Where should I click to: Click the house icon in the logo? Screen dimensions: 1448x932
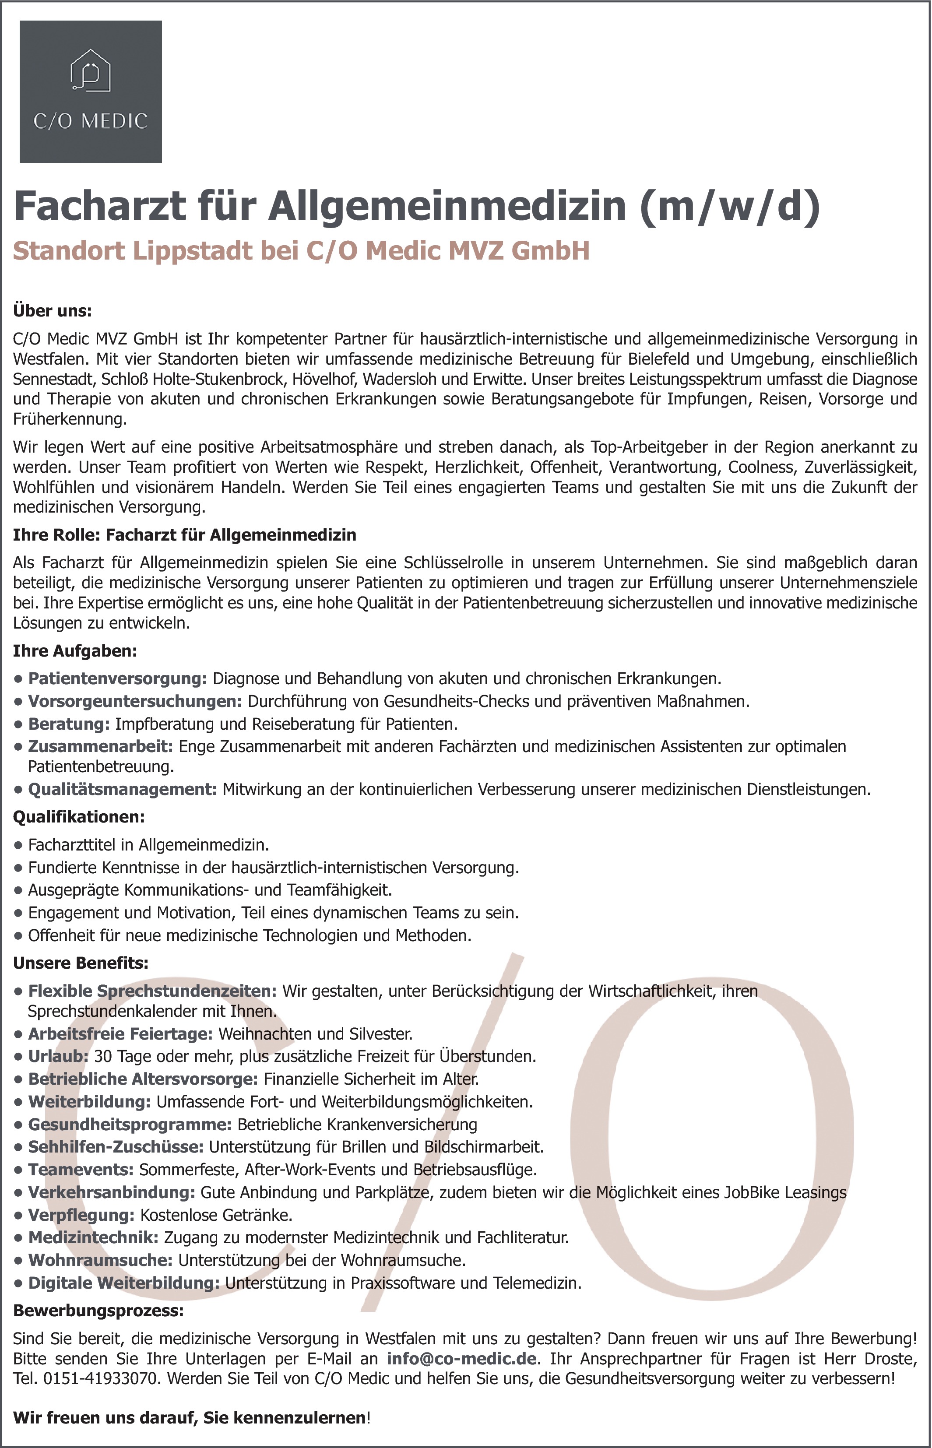pyautogui.click(x=90, y=71)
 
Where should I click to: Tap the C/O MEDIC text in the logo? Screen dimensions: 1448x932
pyautogui.click(x=90, y=121)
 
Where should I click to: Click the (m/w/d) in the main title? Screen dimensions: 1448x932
pyautogui.click(x=731, y=206)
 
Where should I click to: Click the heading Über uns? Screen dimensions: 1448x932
pyautogui.click(x=53, y=311)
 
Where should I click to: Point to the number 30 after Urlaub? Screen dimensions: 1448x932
pyautogui.click(x=103, y=1057)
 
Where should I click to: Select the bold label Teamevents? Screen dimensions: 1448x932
pyautogui.click(x=81, y=1170)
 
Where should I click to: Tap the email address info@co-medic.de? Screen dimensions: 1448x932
pyautogui.click(x=462, y=1359)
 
